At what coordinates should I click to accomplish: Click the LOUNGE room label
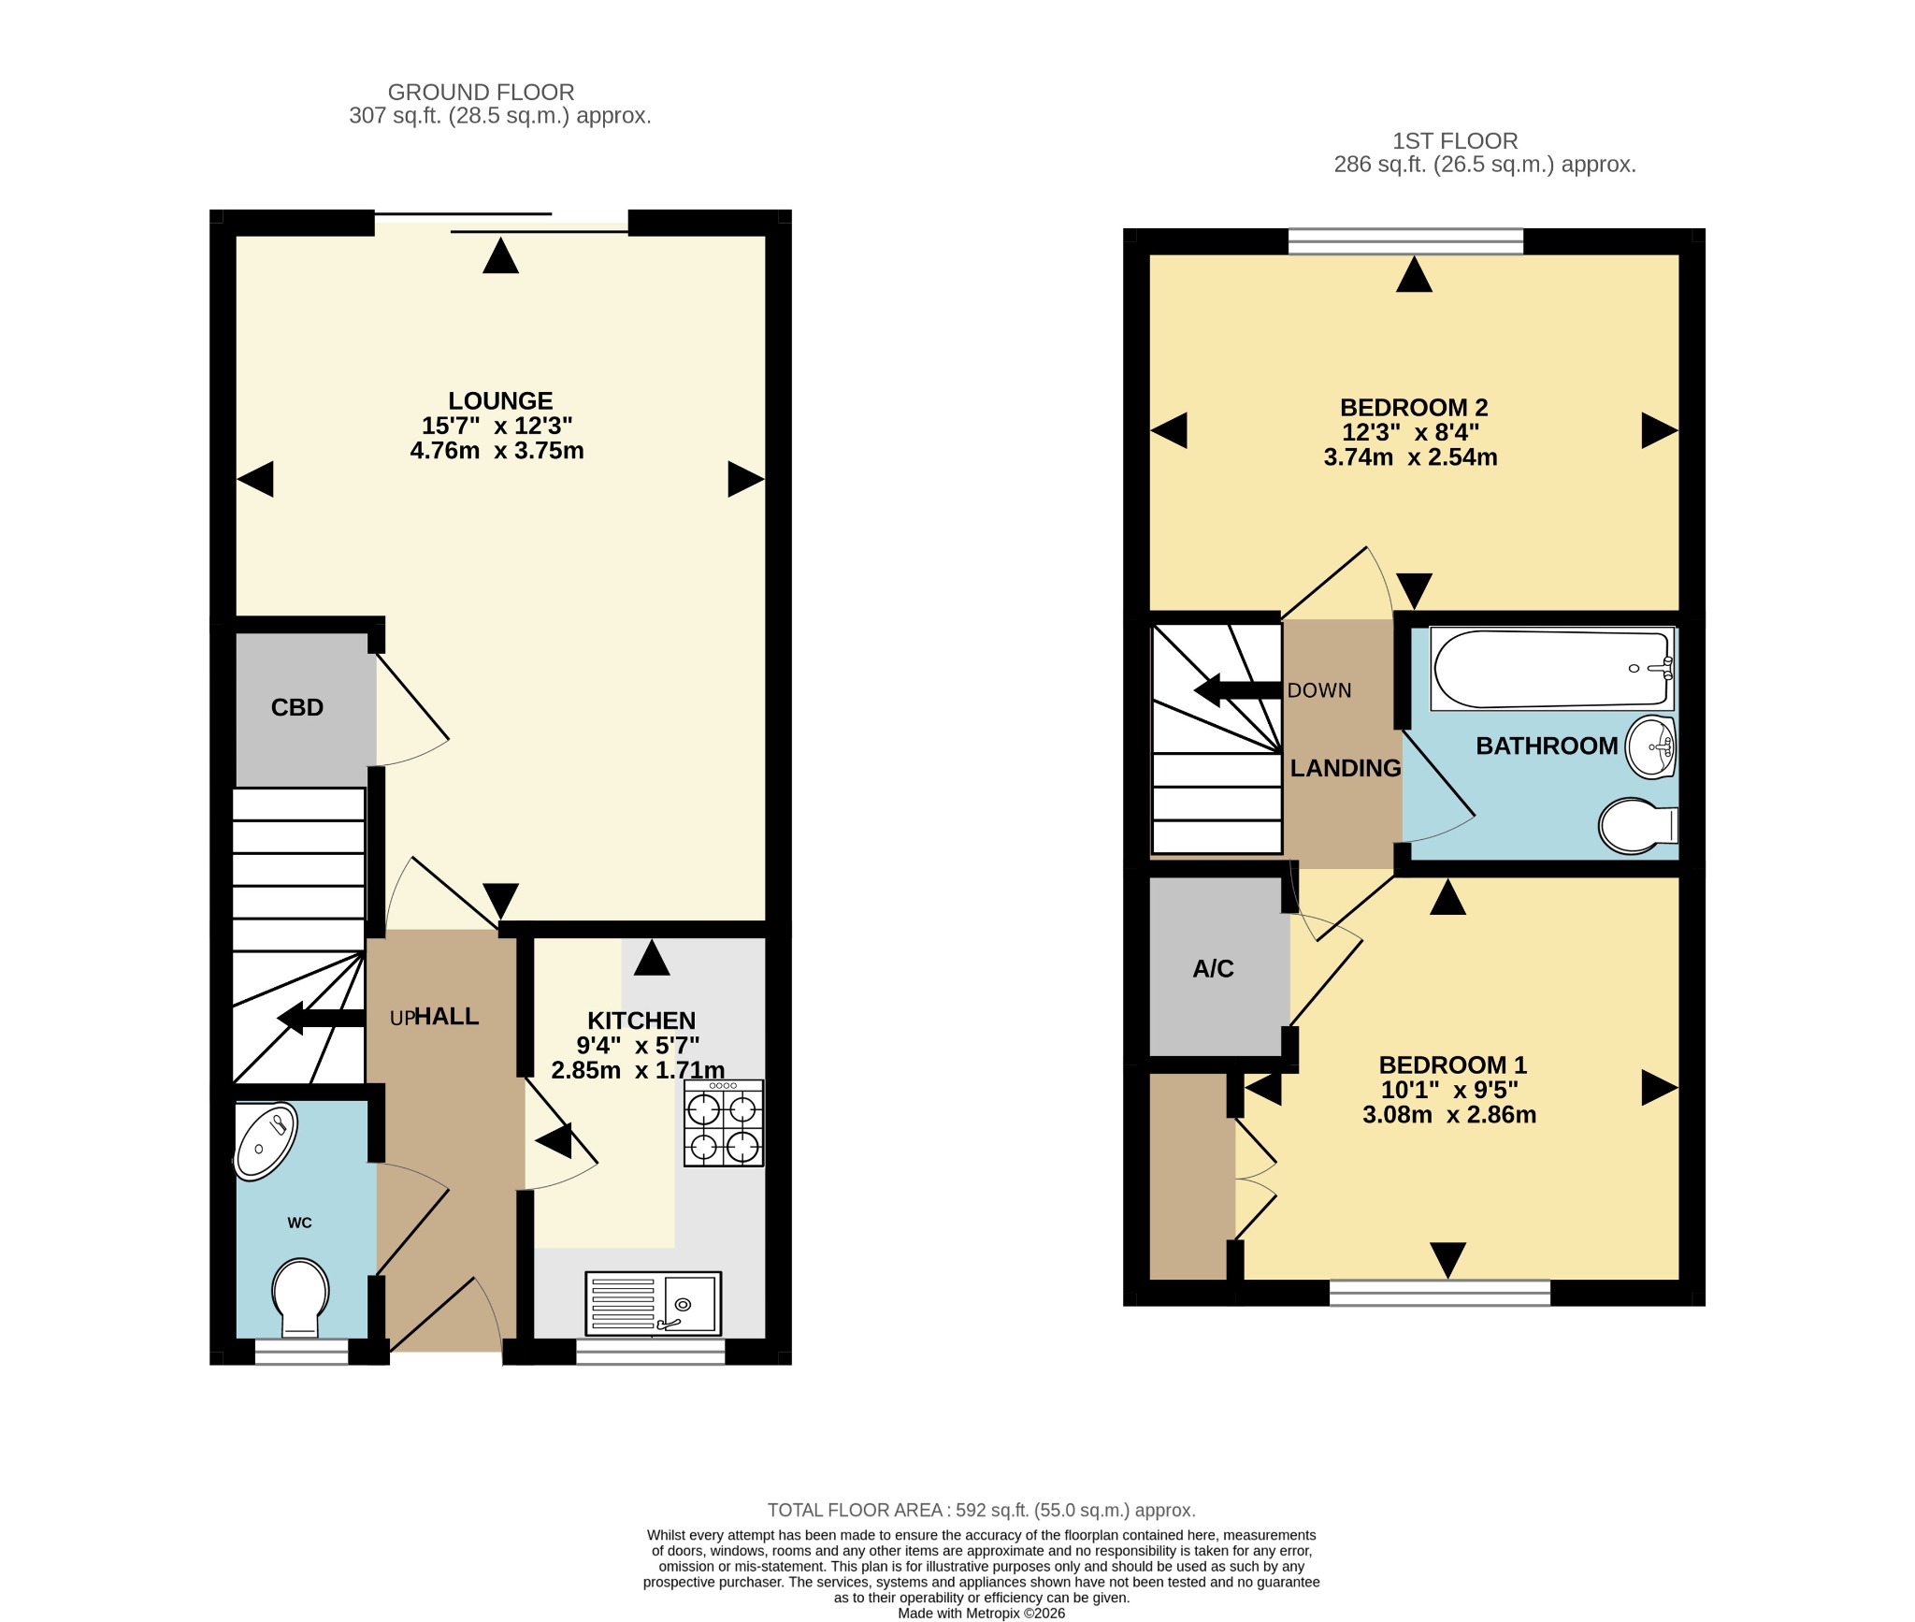(x=500, y=401)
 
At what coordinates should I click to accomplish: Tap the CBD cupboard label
(x=297, y=707)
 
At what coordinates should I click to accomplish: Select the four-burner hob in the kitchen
(x=724, y=1122)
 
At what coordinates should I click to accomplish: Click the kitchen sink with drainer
(x=654, y=1303)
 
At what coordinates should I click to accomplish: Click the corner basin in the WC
(x=266, y=1140)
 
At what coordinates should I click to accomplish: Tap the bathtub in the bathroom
(x=1552, y=669)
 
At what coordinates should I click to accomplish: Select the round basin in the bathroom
(x=1651, y=747)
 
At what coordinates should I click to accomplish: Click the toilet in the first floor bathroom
(x=1638, y=826)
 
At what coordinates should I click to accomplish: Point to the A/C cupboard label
(x=1213, y=969)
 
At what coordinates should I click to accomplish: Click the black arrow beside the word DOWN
(x=1238, y=691)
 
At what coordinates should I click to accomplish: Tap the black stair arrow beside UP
(x=321, y=1018)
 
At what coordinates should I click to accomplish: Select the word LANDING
(x=1346, y=768)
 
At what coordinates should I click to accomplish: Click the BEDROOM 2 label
(x=1414, y=408)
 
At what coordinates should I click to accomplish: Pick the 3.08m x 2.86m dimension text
(x=1449, y=1115)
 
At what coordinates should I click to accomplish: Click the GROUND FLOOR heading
(x=481, y=93)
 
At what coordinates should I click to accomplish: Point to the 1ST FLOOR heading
(x=1455, y=141)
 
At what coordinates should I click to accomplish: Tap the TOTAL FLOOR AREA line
(x=982, y=1510)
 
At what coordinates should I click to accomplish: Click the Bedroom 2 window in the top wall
(x=1405, y=241)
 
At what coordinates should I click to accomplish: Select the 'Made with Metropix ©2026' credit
(x=982, y=1613)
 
